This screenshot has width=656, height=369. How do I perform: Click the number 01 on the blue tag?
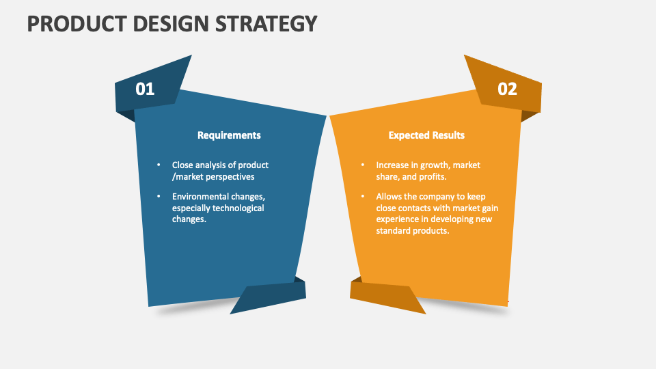[146, 89]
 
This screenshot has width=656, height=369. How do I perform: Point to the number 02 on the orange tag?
[507, 89]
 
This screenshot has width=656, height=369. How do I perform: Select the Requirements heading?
[229, 135]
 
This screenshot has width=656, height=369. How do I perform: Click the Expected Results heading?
[426, 135]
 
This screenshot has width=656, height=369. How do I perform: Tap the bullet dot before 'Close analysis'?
[159, 165]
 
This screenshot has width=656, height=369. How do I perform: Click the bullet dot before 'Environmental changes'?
[159, 197]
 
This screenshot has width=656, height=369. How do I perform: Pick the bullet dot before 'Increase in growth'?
[362, 165]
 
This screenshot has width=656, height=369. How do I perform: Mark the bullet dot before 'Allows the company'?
[362, 197]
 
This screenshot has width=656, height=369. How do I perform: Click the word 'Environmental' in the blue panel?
[202, 197]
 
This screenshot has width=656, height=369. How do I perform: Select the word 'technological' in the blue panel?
[238, 208]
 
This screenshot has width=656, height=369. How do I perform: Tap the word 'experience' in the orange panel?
[398, 219]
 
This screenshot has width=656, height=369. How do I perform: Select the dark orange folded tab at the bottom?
[387, 296]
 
